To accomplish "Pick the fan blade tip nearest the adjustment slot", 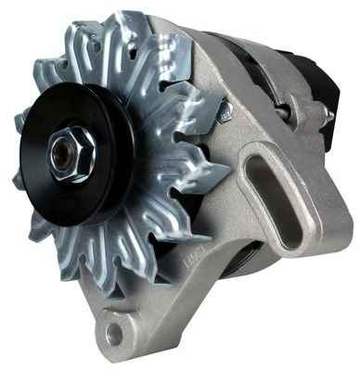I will point(219,171).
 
